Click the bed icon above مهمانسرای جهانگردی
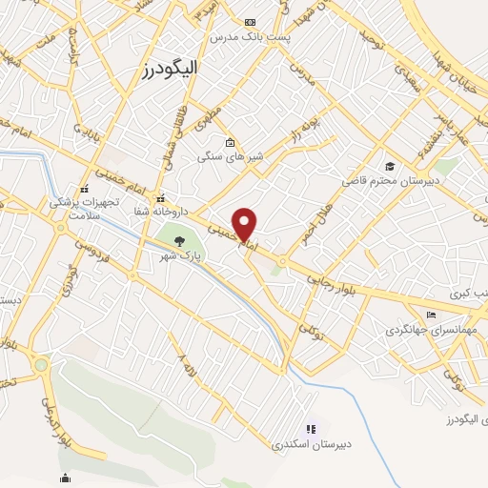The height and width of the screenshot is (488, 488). pos(432,315)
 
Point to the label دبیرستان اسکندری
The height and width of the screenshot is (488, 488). pos(306,444)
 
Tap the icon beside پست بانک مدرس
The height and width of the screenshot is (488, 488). pos(250,22)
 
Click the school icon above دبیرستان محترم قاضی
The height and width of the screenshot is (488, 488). pos(388,164)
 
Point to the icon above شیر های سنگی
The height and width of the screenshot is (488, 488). pos(229,142)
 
